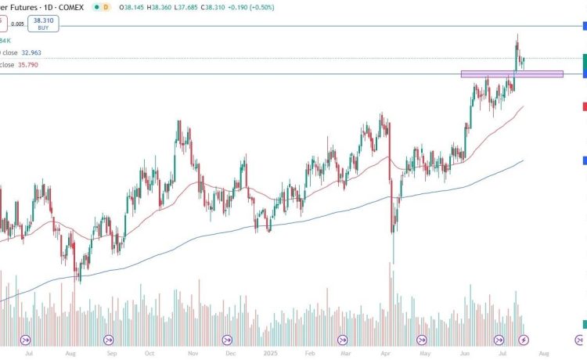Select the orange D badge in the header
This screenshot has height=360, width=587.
[106, 7]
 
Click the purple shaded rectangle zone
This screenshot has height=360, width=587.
[512, 74]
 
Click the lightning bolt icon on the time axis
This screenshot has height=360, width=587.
[524, 340]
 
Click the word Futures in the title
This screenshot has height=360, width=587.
[23, 7]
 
